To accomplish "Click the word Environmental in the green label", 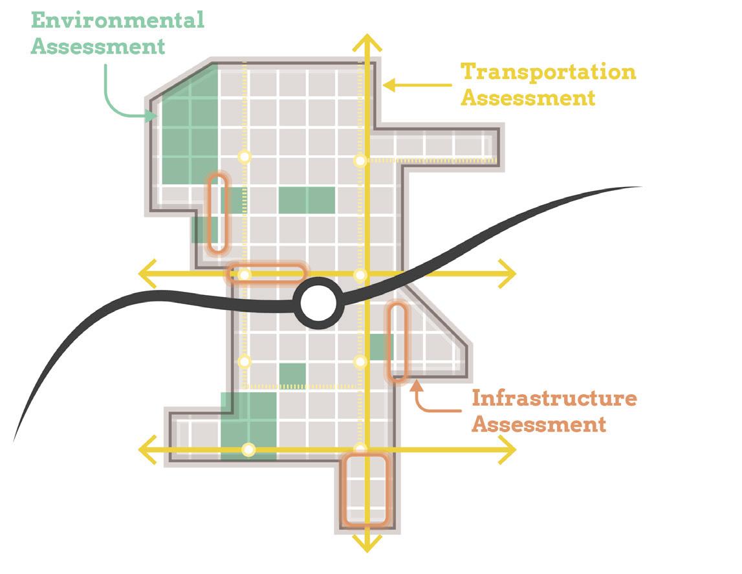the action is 118,20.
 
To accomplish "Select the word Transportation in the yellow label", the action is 547,72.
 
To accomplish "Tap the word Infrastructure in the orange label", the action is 554,398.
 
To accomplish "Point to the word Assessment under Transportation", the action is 527,98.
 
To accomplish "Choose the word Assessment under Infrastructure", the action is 538,425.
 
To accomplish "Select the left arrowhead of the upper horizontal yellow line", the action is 147,274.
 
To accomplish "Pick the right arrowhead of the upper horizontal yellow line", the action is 508,274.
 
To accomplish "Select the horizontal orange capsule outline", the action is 266,274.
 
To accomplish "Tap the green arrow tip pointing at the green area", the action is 153,116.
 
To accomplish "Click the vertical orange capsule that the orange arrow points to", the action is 397,342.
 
